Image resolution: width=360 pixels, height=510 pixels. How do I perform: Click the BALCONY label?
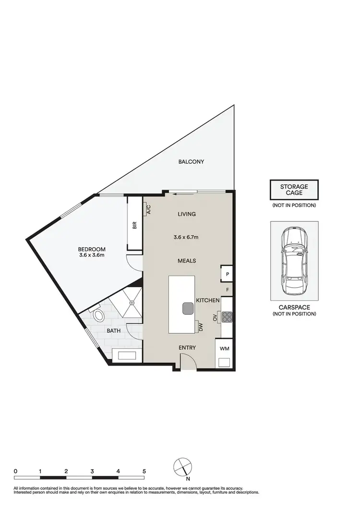191,162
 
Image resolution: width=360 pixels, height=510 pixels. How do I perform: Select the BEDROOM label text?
92,249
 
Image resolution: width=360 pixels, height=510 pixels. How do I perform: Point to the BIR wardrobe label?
135,225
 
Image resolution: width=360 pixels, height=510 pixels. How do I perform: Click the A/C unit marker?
148,209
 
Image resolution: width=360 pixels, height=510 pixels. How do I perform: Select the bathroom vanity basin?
126,356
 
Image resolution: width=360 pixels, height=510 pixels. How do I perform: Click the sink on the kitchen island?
186,308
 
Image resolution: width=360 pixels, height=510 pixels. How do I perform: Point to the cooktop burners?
227,316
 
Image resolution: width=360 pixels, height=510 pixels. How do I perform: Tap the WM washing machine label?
224,348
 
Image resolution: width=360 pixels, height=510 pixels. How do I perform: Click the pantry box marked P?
227,274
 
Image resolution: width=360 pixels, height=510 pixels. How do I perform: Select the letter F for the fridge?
228,290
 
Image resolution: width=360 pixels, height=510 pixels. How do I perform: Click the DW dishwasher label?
201,328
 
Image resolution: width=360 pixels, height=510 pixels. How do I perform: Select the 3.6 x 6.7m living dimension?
186,237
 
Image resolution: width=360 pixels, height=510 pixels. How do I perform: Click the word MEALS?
186,261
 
